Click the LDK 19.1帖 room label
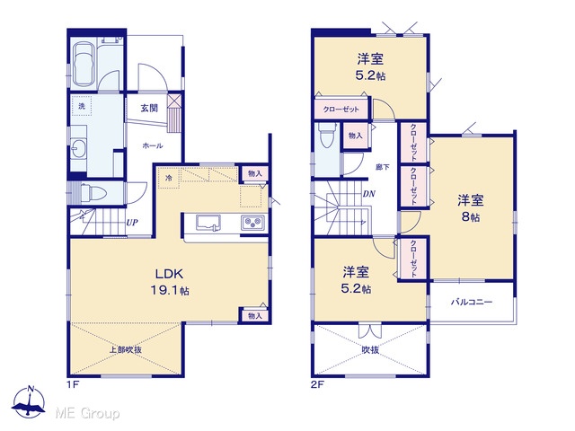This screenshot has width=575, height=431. coord(170,282)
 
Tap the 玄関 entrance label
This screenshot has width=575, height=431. coord(149,108)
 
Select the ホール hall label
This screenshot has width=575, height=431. coord(152,145)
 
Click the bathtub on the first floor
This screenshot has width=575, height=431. coord(84,65)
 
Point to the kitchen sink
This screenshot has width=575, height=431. coord(208,223)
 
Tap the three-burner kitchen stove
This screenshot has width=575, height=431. coord(252,223)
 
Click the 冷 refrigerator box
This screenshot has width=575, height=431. coord(168,179)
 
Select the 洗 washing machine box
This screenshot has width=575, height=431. coord(82,106)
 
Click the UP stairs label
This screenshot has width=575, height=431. coord(132,222)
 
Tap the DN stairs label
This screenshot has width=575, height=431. coord(369,194)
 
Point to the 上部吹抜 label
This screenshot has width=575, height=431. coord(126,349)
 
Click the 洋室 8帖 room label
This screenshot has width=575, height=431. coord(471,208)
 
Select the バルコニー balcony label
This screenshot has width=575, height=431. coord(472,302)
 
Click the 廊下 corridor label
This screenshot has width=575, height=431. coord(383,167)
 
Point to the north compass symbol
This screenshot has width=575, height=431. coord(29,402)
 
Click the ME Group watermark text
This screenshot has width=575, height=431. coord(87,414)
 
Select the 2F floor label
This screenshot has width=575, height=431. coord(317,384)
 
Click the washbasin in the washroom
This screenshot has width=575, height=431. coord(79,149)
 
